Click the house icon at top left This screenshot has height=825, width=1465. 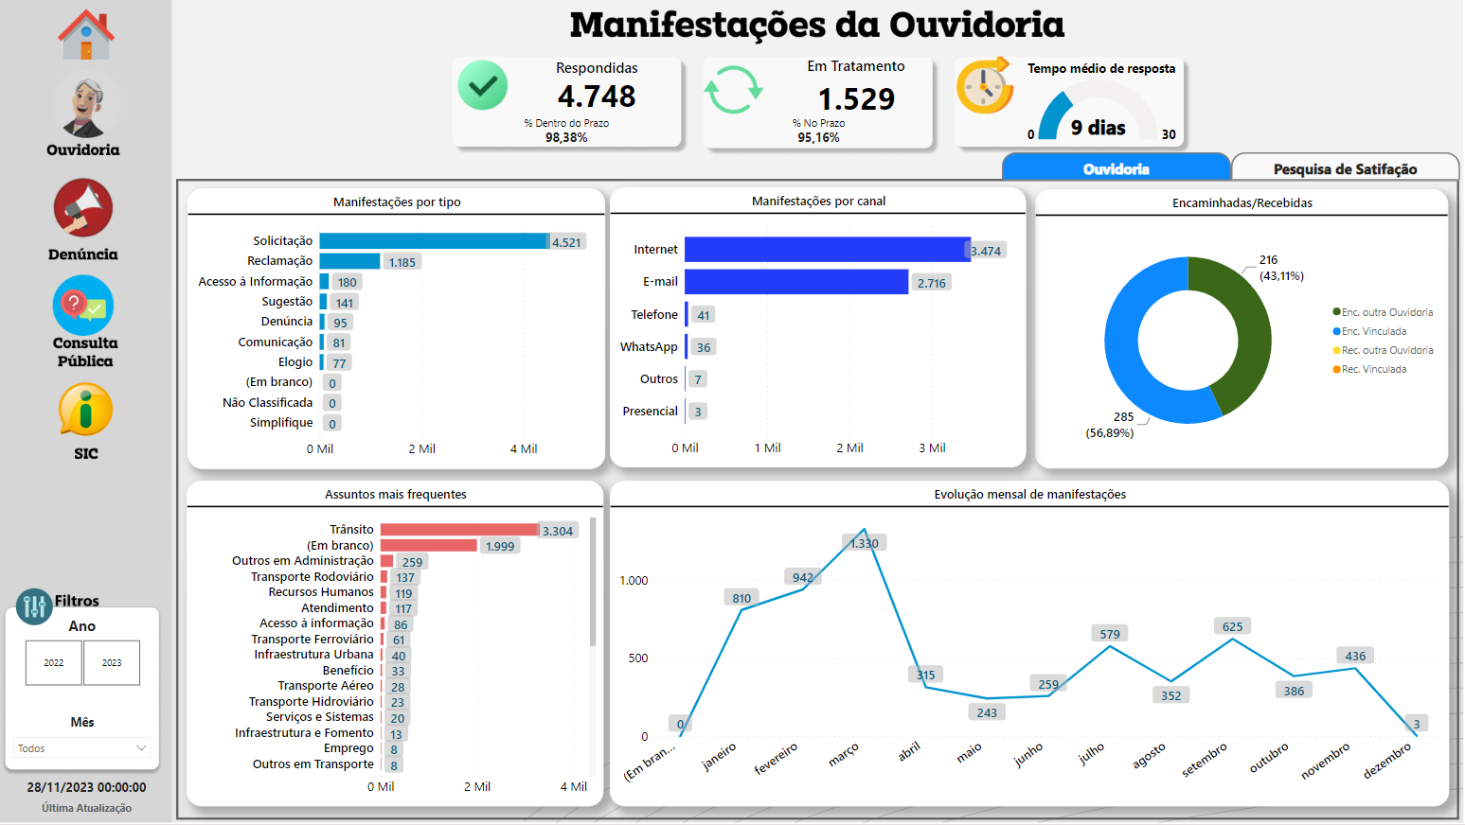click(x=86, y=35)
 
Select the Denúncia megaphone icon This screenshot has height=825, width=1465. click(x=83, y=208)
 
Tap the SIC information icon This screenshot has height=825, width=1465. click(x=85, y=411)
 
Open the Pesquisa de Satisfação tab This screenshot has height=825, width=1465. click(x=1344, y=168)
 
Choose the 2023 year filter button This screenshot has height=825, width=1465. click(x=112, y=662)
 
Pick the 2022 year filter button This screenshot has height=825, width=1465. click(x=54, y=662)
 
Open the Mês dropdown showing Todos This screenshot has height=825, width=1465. click(x=82, y=747)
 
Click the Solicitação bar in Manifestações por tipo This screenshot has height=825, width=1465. click(x=434, y=241)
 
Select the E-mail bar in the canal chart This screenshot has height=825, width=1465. click(x=795, y=282)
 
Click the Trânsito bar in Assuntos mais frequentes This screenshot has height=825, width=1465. click(x=459, y=530)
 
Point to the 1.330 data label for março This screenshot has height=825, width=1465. click(x=864, y=543)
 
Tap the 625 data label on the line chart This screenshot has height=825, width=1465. click(x=1232, y=626)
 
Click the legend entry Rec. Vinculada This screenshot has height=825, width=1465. click(x=1373, y=369)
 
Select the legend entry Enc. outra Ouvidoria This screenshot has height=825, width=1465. click(x=1386, y=312)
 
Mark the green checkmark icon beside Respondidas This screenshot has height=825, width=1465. click(x=483, y=86)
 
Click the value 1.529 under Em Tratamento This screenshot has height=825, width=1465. click(x=856, y=99)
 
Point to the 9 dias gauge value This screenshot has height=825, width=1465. click(x=1098, y=128)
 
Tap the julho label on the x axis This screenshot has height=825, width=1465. click(x=1092, y=754)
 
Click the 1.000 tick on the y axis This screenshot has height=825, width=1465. click(x=634, y=580)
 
